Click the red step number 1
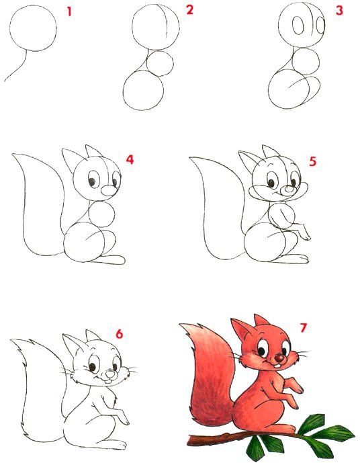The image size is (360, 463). (69, 12)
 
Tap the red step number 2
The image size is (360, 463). (189, 10)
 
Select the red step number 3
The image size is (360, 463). (339, 10)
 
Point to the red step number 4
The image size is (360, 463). (130, 160)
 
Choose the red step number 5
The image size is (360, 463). (313, 161)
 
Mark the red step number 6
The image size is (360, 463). (119, 334)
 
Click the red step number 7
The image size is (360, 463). (304, 328)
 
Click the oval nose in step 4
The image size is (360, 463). (109, 190)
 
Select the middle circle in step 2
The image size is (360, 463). (160, 63)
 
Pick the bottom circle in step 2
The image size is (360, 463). (144, 90)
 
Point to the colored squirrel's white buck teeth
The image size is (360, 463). (277, 366)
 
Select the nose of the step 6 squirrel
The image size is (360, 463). (110, 374)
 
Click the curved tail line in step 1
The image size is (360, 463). (17, 67)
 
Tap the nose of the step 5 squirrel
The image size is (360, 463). (287, 190)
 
